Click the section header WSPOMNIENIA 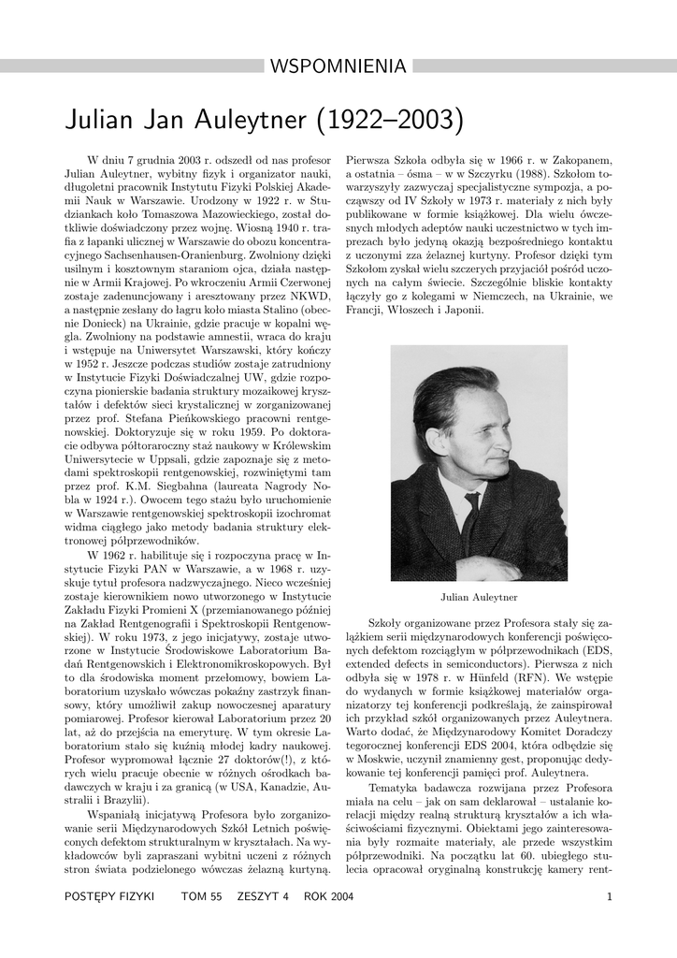tap(338, 66)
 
